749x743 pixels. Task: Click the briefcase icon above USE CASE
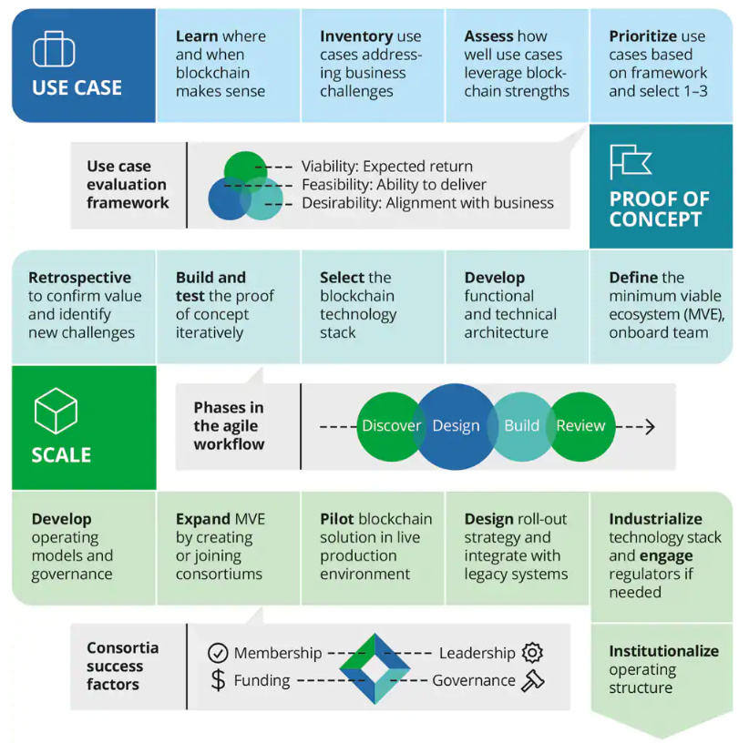(54, 49)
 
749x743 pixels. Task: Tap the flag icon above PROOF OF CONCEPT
(631, 161)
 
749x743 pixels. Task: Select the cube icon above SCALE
(56, 411)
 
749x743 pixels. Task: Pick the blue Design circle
(456, 425)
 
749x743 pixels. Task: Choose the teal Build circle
(521, 425)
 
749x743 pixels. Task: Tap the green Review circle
(581, 425)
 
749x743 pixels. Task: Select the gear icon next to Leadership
(533, 653)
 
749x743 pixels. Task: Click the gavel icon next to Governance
(533, 680)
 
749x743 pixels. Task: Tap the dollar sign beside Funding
(218, 680)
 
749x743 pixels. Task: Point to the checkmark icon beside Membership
(218, 653)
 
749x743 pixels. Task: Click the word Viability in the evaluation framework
(329, 167)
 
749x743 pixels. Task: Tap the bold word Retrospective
(79, 278)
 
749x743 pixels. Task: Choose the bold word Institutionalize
(663, 651)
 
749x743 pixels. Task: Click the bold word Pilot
(336, 519)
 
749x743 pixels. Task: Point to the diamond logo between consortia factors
(374, 667)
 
